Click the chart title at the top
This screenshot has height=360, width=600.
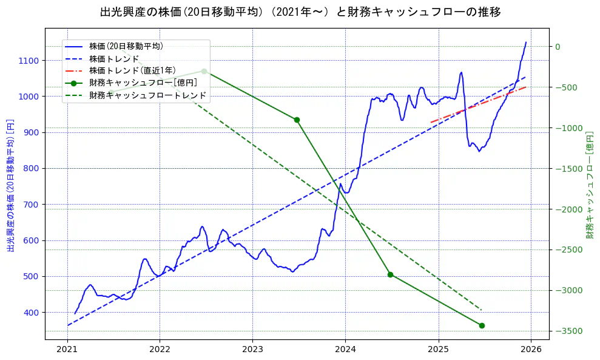[x=300, y=12]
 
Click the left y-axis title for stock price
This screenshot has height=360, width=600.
[x=10, y=185]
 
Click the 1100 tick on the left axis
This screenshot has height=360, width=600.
[x=29, y=61]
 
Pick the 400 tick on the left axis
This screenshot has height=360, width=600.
[x=32, y=313]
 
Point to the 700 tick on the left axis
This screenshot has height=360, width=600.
[x=32, y=205]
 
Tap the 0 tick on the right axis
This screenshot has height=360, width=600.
[x=558, y=47]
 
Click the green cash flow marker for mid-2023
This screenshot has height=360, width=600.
[x=297, y=120]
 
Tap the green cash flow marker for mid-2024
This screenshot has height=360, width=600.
[x=390, y=274]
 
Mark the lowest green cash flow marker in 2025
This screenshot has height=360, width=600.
[x=482, y=325]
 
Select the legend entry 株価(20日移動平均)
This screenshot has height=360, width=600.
[x=126, y=46]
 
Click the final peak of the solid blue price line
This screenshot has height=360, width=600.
[x=526, y=42]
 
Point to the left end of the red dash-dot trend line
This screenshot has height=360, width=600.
[x=431, y=123]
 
